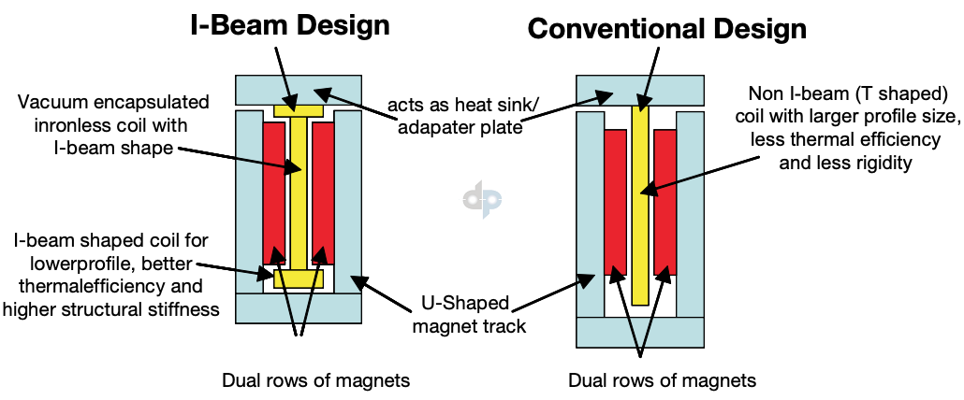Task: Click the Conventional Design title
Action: click(666, 28)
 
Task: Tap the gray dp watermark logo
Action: click(483, 199)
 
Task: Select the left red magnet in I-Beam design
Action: click(273, 193)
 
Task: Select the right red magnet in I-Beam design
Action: click(323, 193)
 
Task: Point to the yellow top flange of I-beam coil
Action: click(299, 111)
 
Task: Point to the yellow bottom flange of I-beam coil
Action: click(299, 279)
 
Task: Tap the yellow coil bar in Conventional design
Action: click(639, 206)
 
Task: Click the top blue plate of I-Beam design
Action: click(299, 90)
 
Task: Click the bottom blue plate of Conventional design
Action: click(639, 332)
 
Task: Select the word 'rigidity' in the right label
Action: click(877, 161)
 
